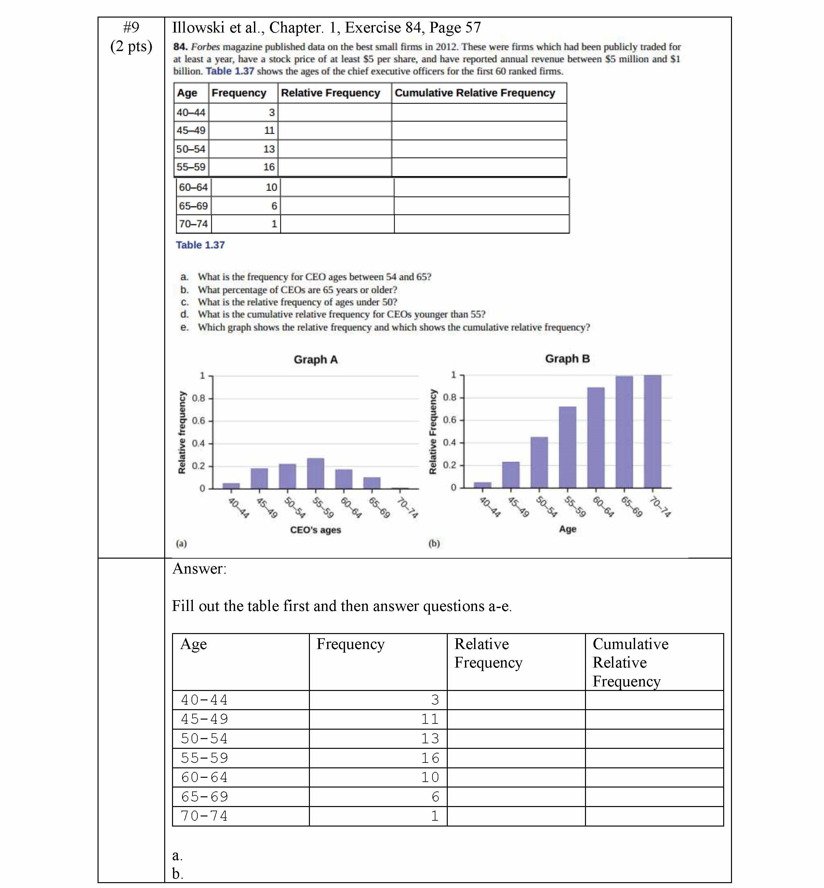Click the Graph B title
click(567, 359)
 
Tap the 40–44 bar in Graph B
click(483, 485)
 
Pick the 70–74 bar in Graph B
click(652, 431)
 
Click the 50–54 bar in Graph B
click(539, 462)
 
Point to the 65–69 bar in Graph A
click(372, 483)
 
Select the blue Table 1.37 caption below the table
click(200, 245)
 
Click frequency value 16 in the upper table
click(269, 167)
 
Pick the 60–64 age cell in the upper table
click(193, 188)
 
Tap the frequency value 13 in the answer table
click(430, 739)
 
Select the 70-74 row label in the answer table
click(204, 816)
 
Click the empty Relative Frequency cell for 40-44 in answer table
click(516, 700)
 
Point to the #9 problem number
click(131, 28)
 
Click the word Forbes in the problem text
click(205, 47)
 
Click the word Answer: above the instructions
click(199, 569)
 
